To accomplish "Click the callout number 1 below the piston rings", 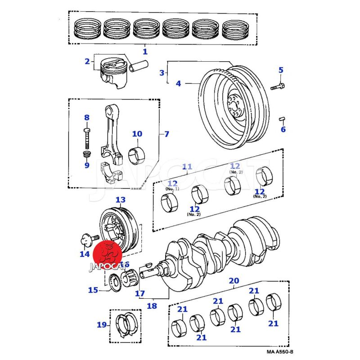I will (145, 51).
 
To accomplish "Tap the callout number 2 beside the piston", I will (87, 61).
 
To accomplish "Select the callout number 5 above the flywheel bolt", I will (281, 70).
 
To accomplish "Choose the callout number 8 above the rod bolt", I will (87, 117).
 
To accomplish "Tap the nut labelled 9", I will (87, 155).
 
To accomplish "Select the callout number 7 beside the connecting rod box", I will (166, 134).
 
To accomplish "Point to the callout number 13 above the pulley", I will (120, 199).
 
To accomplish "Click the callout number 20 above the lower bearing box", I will (234, 281).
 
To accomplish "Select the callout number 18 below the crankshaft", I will (152, 306).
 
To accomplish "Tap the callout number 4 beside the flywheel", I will (178, 83).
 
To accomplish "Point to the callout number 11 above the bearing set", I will (187, 167).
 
